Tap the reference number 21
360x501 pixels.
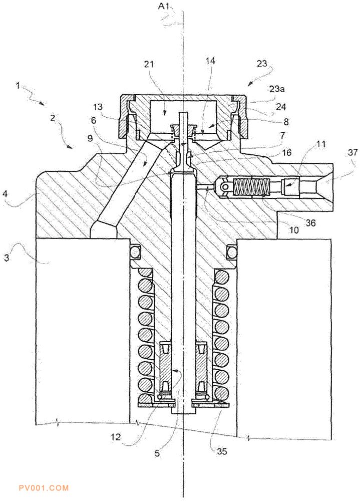[149, 64]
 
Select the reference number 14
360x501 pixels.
[210, 61]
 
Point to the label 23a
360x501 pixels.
[276, 89]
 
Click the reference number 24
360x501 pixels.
[281, 106]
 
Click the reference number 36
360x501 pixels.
[310, 222]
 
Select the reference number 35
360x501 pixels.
[222, 451]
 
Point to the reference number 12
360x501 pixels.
[116, 436]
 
